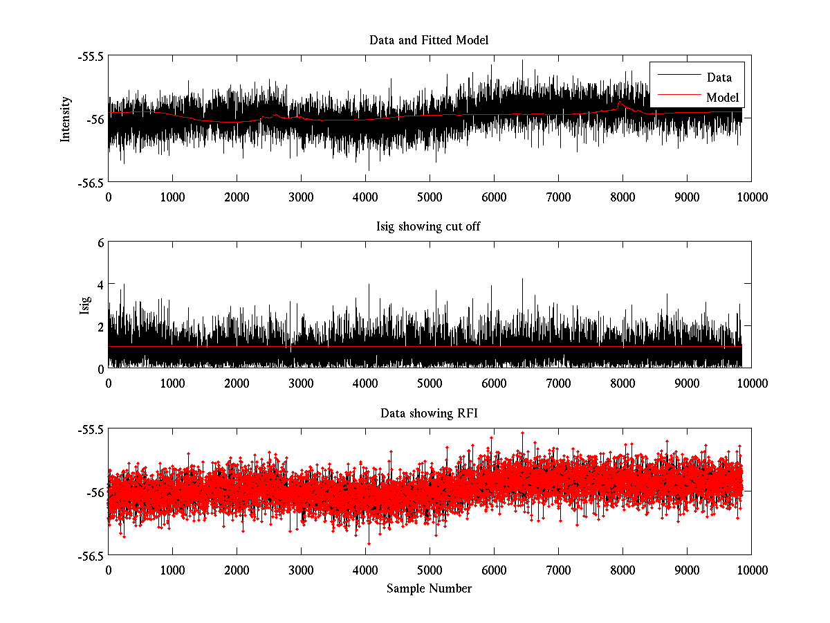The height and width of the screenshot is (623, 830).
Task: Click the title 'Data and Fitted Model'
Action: (429, 40)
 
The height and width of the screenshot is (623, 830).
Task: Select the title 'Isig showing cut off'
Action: (429, 227)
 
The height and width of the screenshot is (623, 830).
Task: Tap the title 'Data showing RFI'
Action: (429, 413)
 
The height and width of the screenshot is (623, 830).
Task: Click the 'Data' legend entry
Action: (719, 78)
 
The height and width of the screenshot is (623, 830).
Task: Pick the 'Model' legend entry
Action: (722, 97)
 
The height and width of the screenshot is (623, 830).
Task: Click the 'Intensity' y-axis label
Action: (66, 119)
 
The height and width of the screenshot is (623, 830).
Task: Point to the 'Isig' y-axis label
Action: (85, 305)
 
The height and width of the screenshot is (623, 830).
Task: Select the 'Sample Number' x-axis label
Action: (429, 588)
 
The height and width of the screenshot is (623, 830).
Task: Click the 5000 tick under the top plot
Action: (430, 197)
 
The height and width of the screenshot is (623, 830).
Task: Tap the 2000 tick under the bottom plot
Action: (237, 570)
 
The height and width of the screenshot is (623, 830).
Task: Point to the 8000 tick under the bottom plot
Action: (622, 570)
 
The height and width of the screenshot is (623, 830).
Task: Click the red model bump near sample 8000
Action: (620, 103)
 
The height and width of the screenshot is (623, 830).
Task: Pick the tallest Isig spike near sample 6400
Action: (522, 280)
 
